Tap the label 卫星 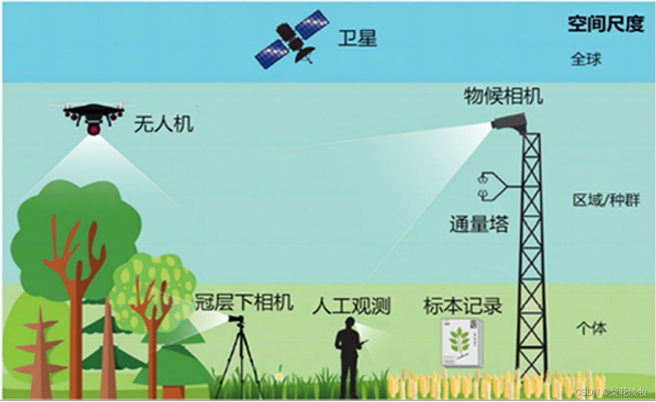[x=357, y=38]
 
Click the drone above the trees [x=94, y=115]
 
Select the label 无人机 [x=164, y=124]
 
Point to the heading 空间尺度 [x=605, y=23]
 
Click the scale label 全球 [x=586, y=59]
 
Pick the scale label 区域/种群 [x=606, y=201]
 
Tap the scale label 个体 [x=591, y=328]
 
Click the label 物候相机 [x=503, y=96]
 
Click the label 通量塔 [x=479, y=225]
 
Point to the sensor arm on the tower [x=495, y=187]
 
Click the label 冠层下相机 [x=244, y=302]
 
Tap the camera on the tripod [x=236, y=319]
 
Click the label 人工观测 [x=351, y=306]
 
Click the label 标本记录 [x=462, y=306]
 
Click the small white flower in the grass [x=279, y=377]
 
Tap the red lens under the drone [x=94, y=129]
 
